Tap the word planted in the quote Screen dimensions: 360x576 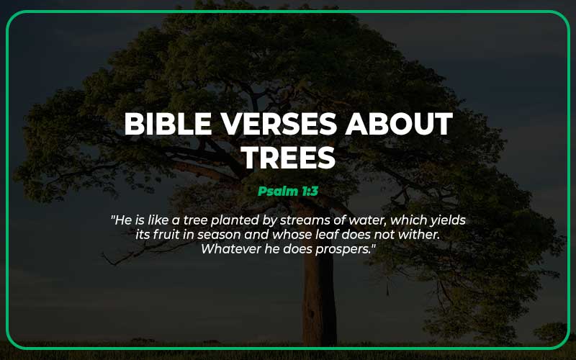click(x=243, y=220)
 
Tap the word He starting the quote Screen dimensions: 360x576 click(x=123, y=220)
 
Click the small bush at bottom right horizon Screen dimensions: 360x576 click(x=551, y=333)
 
